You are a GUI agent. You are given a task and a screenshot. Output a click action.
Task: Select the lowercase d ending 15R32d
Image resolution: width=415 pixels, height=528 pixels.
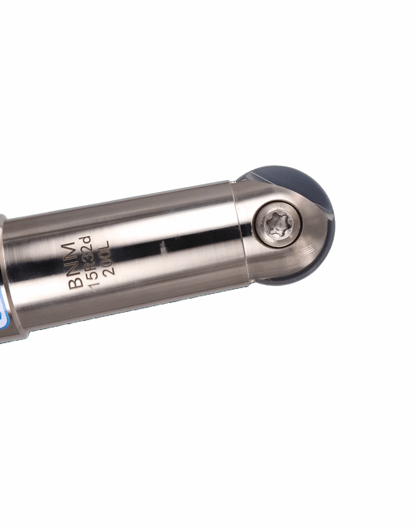tap(84, 241)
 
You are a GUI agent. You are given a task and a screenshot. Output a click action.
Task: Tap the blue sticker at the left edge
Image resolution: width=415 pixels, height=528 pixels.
tap(3, 312)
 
